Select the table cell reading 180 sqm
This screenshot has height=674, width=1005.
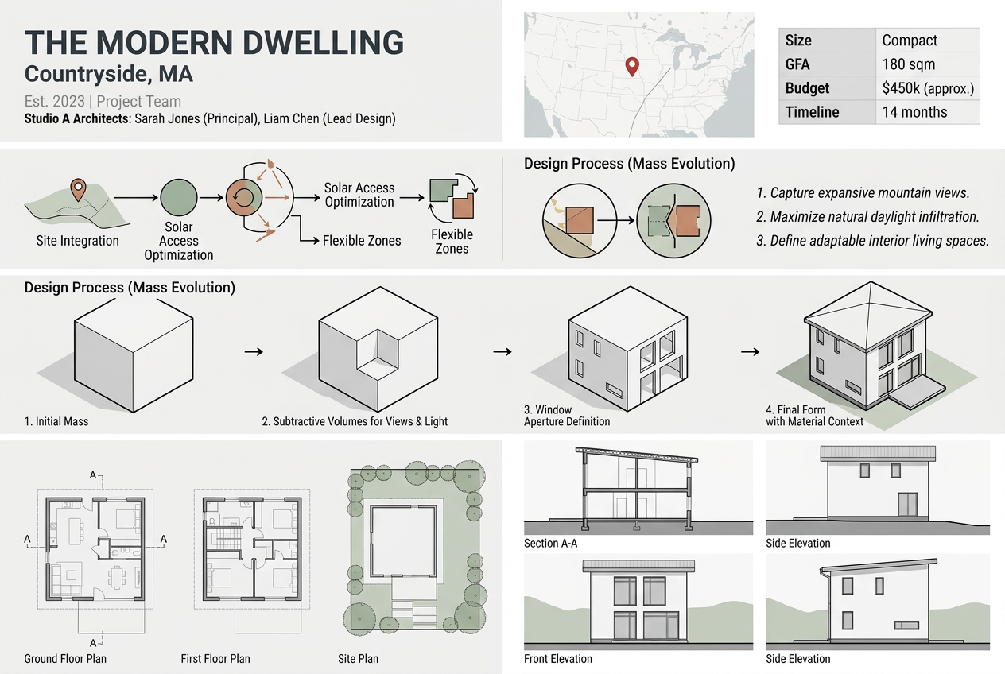click(x=908, y=64)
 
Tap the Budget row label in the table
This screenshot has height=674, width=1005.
click(x=807, y=88)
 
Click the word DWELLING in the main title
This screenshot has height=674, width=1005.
click(x=306, y=43)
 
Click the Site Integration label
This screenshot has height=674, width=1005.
click(x=77, y=241)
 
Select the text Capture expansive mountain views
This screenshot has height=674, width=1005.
click(x=863, y=193)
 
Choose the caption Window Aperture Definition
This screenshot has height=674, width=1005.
click(x=567, y=416)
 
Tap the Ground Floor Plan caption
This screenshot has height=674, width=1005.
click(x=65, y=659)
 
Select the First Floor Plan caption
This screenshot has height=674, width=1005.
click(x=215, y=659)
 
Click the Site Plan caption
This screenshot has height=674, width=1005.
click(x=358, y=659)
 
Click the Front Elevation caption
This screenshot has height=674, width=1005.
click(x=558, y=659)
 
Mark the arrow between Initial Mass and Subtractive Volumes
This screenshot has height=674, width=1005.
click(x=253, y=351)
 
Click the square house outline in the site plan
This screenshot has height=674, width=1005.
click(x=403, y=544)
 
